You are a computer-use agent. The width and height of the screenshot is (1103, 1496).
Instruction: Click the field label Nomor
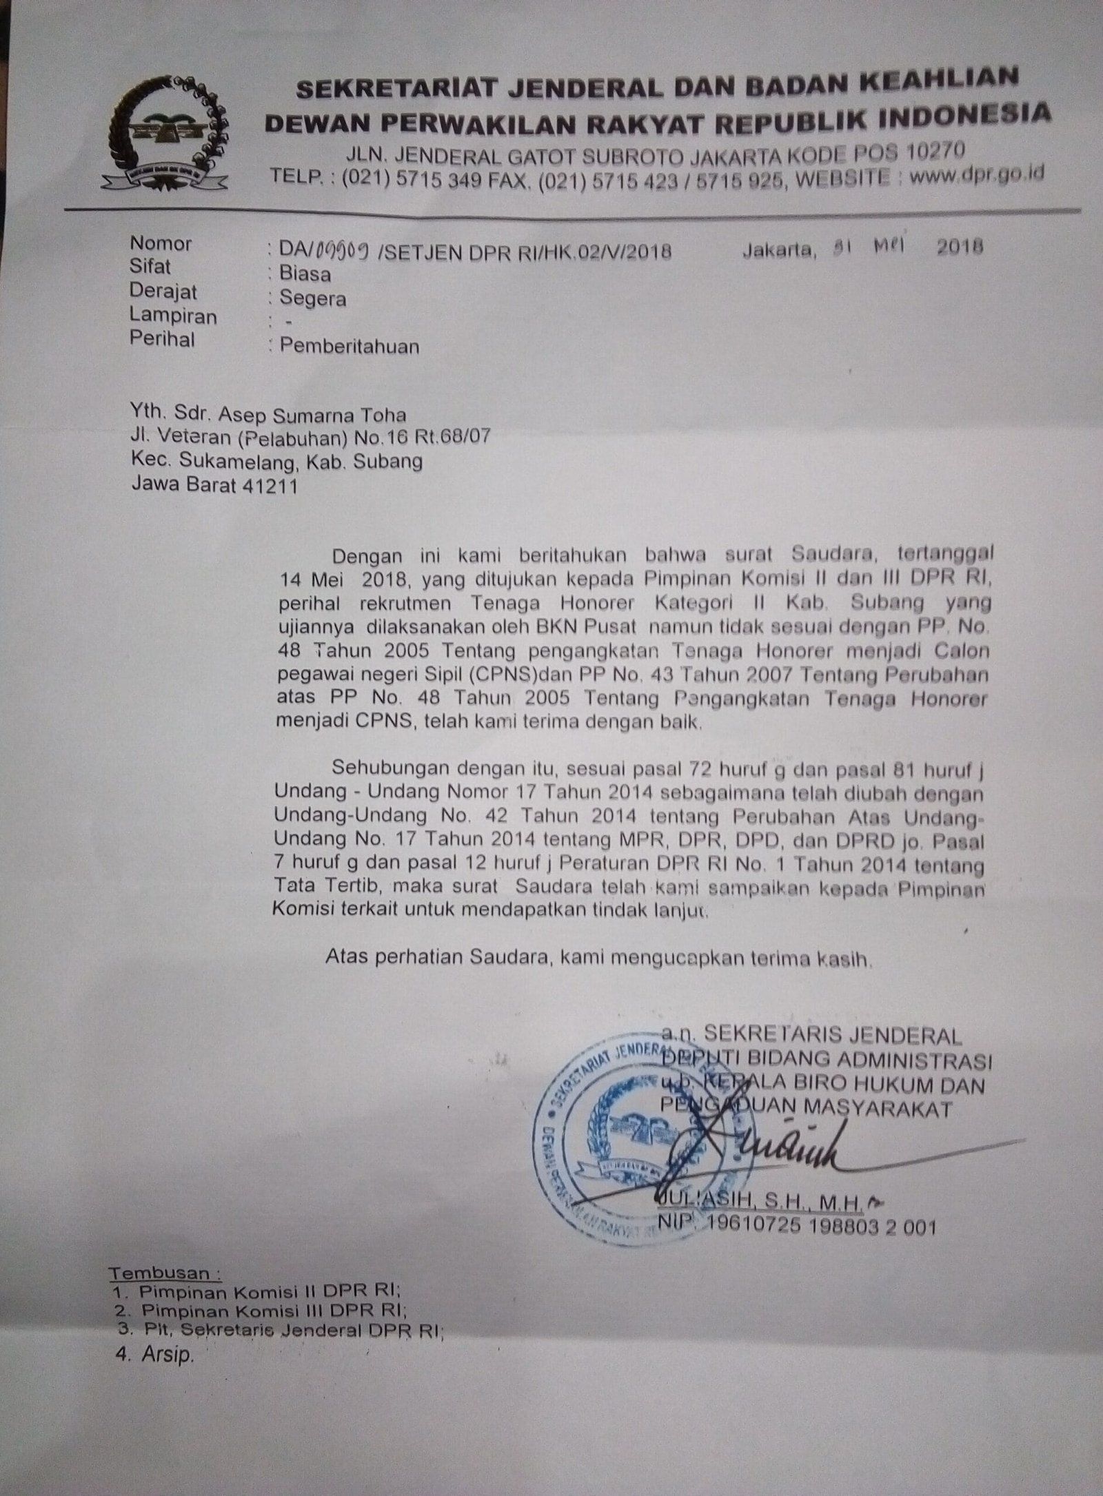point(161,243)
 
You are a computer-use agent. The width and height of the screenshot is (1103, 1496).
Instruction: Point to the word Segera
point(313,299)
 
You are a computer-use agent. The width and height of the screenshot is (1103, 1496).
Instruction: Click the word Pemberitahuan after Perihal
point(350,346)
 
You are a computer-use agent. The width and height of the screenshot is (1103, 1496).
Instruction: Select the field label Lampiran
point(172,317)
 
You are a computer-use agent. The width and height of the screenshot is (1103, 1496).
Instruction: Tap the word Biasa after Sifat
point(305,274)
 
